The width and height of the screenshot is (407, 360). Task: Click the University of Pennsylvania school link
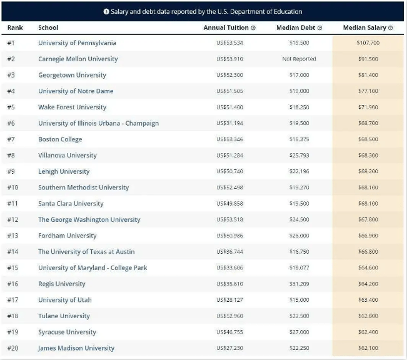coord(77,43)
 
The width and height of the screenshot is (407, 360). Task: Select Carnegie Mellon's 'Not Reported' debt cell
coord(299,59)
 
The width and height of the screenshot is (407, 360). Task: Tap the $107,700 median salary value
coord(368,43)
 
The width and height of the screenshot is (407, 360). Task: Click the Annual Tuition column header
coord(226,27)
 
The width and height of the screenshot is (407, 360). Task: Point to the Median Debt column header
coord(296,27)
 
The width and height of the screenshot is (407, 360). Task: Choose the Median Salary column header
coord(364,27)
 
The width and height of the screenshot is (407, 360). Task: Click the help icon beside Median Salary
coord(390,28)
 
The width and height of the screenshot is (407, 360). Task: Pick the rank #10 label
coord(13,187)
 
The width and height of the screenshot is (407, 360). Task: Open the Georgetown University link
coord(72,75)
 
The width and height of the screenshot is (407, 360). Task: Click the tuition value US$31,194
coord(229,123)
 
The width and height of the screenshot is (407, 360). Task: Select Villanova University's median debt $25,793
coord(299,156)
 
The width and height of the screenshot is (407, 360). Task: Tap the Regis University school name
coord(62,284)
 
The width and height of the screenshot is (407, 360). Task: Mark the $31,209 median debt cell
coord(299,284)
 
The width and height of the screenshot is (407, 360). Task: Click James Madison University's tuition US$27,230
coord(229,348)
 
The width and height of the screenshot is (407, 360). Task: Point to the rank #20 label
coord(13,348)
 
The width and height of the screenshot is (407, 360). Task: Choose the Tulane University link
coord(64,316)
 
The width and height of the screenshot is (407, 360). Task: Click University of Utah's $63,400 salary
coord(368,300)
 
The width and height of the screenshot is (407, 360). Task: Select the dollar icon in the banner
coord(106,11)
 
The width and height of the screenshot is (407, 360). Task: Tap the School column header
coord(48,27)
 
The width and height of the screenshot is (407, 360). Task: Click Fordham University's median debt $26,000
coord(299,236)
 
